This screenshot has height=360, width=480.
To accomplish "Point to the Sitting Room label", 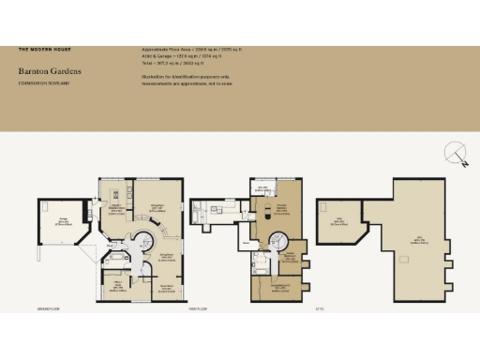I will (167, 255).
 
